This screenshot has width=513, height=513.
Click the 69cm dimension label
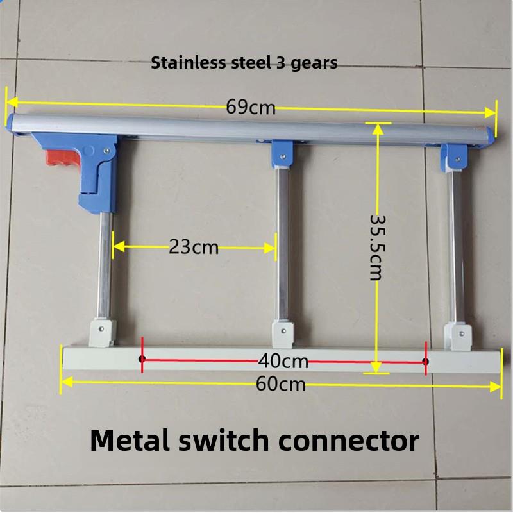click(x=251, y=107)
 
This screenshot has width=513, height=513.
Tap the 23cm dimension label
click(x=194, y=248)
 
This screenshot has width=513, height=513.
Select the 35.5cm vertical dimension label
click(x=377, y=248)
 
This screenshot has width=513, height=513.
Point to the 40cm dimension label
click(x=283, y=362)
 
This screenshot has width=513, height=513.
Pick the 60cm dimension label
click(x=281, y=383)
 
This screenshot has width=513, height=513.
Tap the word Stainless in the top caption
click(x=188, y=62)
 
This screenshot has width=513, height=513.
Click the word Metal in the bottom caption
click(x=130, y=441)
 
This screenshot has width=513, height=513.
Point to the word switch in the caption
click(x=223, y=441)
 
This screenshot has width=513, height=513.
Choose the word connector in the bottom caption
click(x=349, y=441)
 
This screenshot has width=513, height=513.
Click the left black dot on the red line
click(x=142, y=358)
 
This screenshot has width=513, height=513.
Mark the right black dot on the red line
click(x=425, y=362)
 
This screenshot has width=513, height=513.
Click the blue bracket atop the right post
click(x=454, y=158)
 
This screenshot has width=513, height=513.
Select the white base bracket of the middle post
click(x=283, y=334)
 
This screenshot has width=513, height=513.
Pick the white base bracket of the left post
click(x=103, y=332)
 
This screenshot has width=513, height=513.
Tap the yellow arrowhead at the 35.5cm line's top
click(x=378, y=130)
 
